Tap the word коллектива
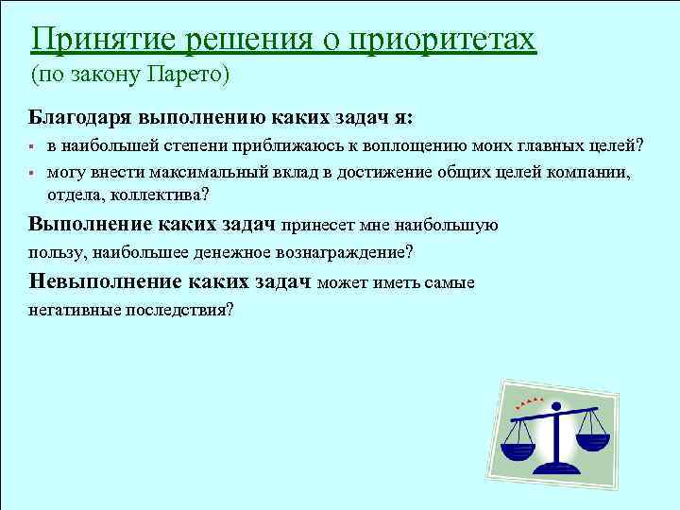pos(156,195)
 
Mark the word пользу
pos(53,253)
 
